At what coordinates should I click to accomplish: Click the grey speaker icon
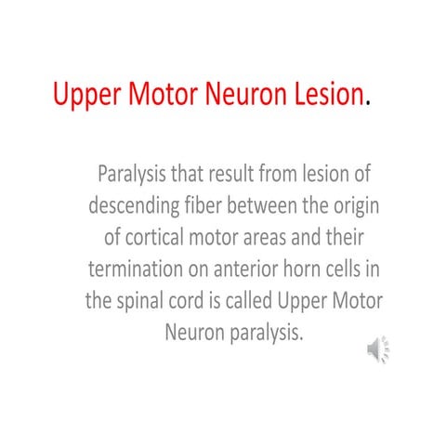[377, 349]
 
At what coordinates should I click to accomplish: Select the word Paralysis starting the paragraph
[157, 174]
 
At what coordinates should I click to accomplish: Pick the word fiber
[214, 204]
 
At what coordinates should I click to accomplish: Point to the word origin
[358, 205]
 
